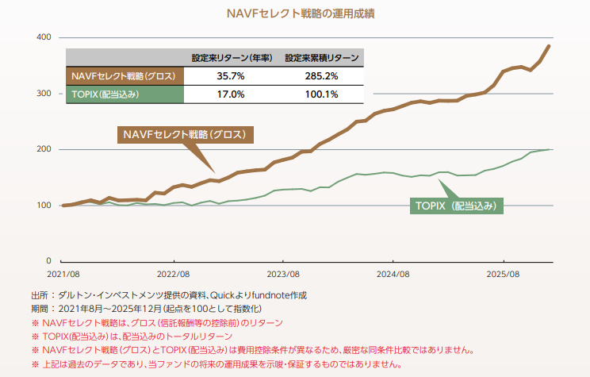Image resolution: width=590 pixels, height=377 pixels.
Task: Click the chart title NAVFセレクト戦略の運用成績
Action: tap(294, 13)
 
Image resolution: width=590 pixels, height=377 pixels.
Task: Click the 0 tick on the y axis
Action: tap(48, 261)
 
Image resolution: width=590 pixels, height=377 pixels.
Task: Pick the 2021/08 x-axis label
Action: tap(63, 273)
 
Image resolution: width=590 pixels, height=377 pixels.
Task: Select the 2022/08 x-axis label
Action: tap(173, 273)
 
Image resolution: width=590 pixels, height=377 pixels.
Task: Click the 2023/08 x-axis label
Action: tap(283, 273)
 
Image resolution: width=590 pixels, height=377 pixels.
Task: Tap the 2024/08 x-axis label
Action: tap(393, 273)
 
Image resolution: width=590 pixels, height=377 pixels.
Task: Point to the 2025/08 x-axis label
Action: tap(504, 273)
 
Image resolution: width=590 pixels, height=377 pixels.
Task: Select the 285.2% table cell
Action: tap(322, 75)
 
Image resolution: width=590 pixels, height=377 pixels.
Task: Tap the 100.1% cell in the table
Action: tap(322, 94)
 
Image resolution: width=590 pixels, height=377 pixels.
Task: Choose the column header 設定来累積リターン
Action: tap(322, 57)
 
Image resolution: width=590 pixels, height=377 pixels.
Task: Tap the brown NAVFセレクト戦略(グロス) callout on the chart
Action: tap(184, 134)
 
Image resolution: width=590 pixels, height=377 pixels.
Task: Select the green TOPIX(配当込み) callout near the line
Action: tap(456, 206)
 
